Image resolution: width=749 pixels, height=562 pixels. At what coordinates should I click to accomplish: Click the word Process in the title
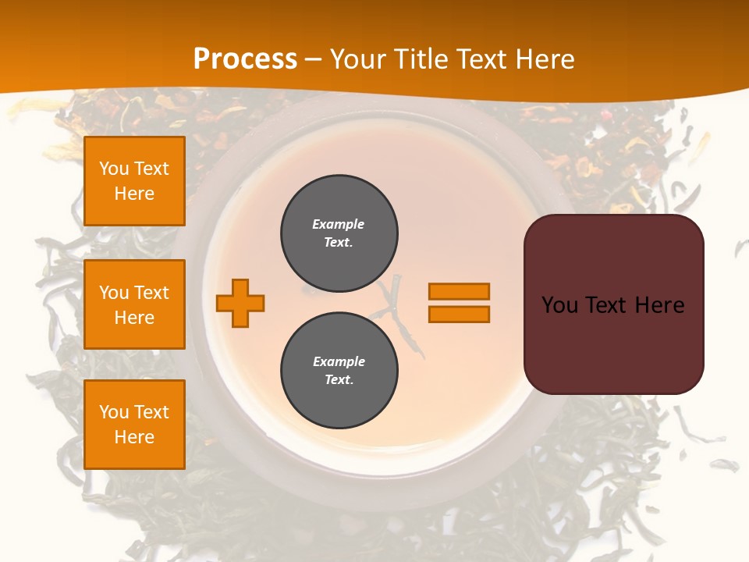coord(245,59)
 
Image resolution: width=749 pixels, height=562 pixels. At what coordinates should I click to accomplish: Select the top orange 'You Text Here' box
coord(134,181)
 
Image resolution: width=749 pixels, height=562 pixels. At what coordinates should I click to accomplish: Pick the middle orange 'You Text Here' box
coord(134,304)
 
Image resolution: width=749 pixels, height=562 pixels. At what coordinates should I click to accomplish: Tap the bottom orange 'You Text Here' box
coord(134,425)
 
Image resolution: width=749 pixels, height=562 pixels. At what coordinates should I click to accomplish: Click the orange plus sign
coord(240,303)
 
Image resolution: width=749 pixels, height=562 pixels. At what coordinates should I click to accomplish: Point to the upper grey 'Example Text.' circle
coord(339,233)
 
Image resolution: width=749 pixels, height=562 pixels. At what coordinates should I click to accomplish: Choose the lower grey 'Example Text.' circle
coord(339,371)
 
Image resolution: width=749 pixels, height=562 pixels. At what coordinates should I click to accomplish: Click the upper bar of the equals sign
coord(459,291)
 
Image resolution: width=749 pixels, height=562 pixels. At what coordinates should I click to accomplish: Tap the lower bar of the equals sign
coord(459,315)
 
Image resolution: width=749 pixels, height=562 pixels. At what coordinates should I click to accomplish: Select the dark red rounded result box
coord(613,304)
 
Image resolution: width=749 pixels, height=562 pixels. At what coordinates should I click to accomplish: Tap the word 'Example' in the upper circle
coord(339,224)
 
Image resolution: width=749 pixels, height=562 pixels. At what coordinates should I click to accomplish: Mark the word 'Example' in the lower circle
coord(339,361)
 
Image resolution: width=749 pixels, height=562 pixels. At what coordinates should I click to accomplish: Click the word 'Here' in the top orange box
coord(134,194)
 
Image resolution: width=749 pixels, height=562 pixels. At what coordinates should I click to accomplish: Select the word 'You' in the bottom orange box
coord(113,412)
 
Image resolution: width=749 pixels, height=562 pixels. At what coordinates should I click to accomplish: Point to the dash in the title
coord(313,60)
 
